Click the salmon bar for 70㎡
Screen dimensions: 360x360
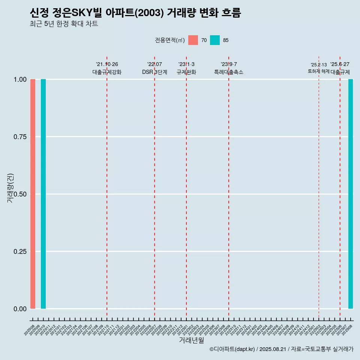[x=33, y=194]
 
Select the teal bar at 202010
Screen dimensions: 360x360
[x=43, y=194]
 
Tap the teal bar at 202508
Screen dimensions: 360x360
[x=351, y=194]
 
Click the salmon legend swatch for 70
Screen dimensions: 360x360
[x=193, y=40]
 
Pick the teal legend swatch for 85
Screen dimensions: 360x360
[x=215, y=40]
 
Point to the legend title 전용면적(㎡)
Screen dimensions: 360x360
[x=169, y=40]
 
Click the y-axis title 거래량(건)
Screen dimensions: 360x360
[x=10, y=188]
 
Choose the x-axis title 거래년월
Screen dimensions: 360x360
[x=191, y=340]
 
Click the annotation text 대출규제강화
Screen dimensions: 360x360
[x=107, y=72]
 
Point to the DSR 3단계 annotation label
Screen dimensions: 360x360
[x=154, y=72]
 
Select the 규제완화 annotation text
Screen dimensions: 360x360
[x=186, y=72]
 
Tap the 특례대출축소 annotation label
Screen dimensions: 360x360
[x=229, y=72]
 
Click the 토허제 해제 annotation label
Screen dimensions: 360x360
[x=319, y=71]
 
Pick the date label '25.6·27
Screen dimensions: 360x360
[x=340, y=64]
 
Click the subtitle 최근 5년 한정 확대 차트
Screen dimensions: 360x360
[x=64, y=24]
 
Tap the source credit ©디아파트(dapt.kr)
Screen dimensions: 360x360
[x=232, y=349]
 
